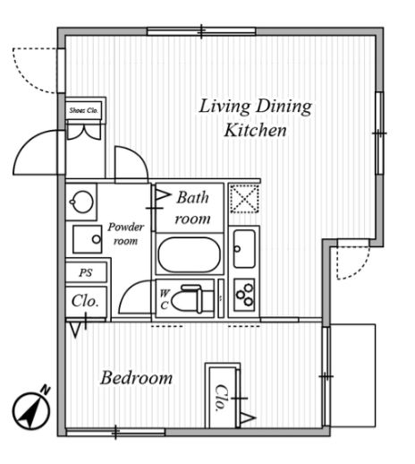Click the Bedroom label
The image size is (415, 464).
(137, 378)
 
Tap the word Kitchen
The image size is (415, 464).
(256, 131)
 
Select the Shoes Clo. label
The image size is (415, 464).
(84, 110)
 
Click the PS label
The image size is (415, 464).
(86, 272)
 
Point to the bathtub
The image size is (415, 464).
(190, 254)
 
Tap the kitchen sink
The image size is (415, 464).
(244, 248)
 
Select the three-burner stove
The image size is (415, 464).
(244, 295)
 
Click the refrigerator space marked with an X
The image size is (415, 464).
(244, 199)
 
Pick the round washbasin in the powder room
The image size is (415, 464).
(81, 202)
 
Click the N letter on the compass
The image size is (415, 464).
(46, 390)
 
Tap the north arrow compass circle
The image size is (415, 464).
(31, 411)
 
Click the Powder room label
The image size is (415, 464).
(125, 234)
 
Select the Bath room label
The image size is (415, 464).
(192, 208)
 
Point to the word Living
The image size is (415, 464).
(224, 107)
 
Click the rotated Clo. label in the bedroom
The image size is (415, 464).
(221, 398)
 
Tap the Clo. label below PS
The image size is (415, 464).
(85, 301)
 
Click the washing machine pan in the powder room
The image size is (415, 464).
(88, 239)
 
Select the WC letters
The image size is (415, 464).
(165, 299)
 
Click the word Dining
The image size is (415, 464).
(284, 107)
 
